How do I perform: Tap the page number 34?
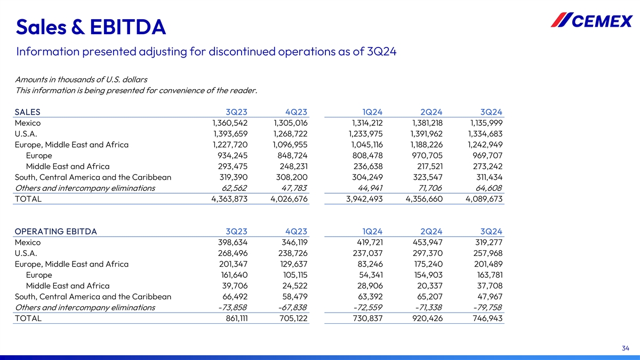(626, 348)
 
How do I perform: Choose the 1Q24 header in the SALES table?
(372, 112)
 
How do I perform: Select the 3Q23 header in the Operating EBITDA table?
(236, 231)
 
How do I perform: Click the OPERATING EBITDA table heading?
(56, 231)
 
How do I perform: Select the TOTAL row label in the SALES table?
(28, 199)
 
